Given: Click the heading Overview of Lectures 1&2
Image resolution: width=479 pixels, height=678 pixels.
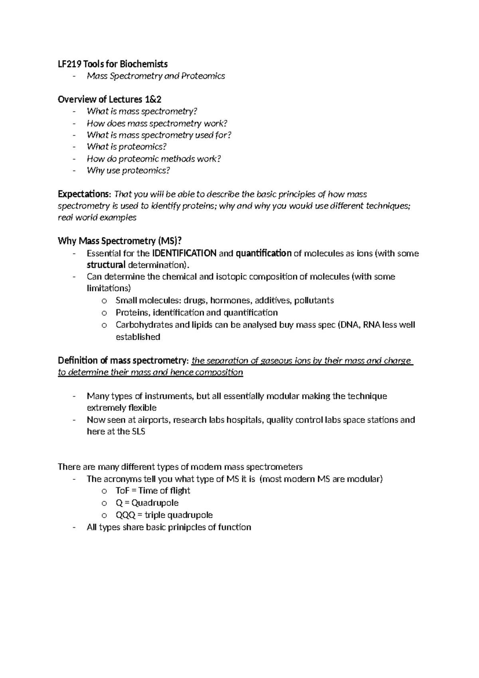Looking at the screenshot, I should (109, 100).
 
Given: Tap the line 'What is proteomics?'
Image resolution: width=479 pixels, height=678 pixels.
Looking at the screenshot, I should (127, 147).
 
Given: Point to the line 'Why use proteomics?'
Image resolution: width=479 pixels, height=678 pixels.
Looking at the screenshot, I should (128, 171).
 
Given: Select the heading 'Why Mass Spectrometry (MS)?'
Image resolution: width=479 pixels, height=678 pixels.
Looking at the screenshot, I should (120, 241).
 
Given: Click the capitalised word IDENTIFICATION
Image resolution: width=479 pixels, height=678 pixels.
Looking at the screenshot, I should (184, 253).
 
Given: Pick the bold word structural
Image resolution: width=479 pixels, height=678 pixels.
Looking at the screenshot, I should (106, 265).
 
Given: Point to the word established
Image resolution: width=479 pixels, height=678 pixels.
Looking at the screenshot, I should (138, 337).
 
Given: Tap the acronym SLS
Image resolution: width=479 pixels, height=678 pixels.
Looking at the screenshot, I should (138, 432).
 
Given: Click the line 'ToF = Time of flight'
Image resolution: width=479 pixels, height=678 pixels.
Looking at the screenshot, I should (152, 491).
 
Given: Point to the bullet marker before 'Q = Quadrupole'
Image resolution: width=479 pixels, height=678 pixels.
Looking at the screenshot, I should (105, 503).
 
